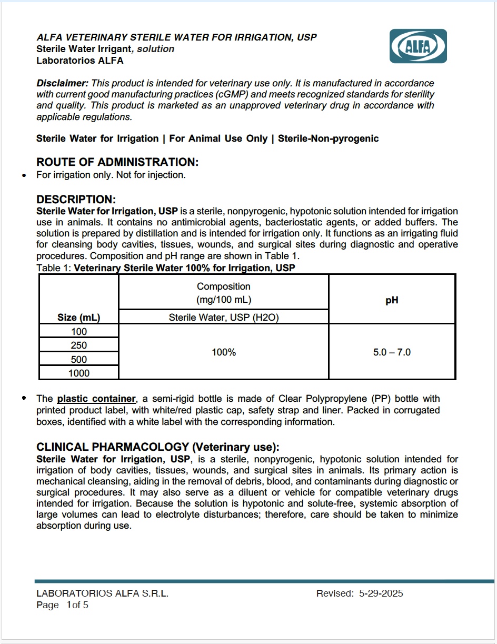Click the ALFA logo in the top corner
(418, 46)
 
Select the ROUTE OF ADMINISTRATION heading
(117, 162)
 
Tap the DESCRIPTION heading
(75, 200)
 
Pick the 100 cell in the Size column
(79, 332)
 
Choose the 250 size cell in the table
(79, 345)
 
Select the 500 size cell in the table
(79, 360)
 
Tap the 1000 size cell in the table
(79, 373)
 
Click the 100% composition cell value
(224, 352)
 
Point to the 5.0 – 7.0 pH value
(392, 352)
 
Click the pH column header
(392, 300)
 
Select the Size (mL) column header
(79, 318)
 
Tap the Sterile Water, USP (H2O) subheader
(224, 318)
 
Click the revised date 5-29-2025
(381, 593)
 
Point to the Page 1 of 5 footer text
(62, 605)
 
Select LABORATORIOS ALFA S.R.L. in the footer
(102, 593)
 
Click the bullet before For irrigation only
(24, 175)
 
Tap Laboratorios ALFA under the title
(80, 60)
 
